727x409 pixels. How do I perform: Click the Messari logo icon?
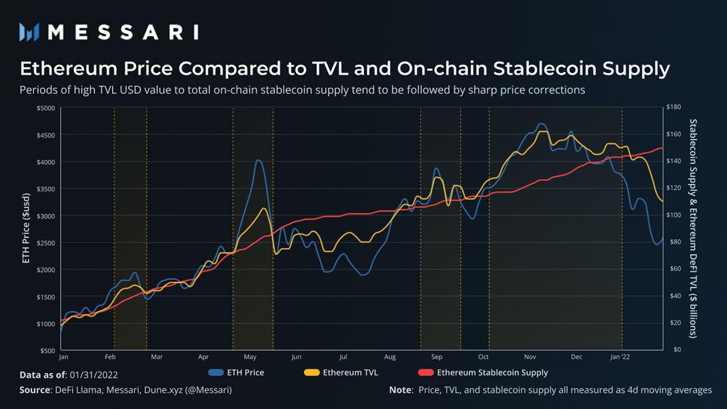(x=29, y=32)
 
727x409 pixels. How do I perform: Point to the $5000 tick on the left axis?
(x=46, y=108)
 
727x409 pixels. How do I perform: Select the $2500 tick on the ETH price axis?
(x=46, y=243)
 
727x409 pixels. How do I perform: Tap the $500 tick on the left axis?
(x=47, y=350)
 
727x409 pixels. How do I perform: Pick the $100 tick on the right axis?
(x=675, y=216)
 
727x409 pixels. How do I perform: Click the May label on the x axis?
(x=250, y=358)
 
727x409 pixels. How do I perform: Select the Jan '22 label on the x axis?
(x=620, y=358)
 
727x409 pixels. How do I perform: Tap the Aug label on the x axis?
(x=390, y=358)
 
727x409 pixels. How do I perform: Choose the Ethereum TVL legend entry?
(x=341, y=372)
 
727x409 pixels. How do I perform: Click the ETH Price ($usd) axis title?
(x=27, y=228)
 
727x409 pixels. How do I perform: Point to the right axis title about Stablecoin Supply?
(x=694, y=228)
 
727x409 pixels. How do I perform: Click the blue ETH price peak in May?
(x=258, y=160)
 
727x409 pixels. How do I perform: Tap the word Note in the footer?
(x=400, y=390)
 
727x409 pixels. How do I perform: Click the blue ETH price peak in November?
(x=541, y=124)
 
